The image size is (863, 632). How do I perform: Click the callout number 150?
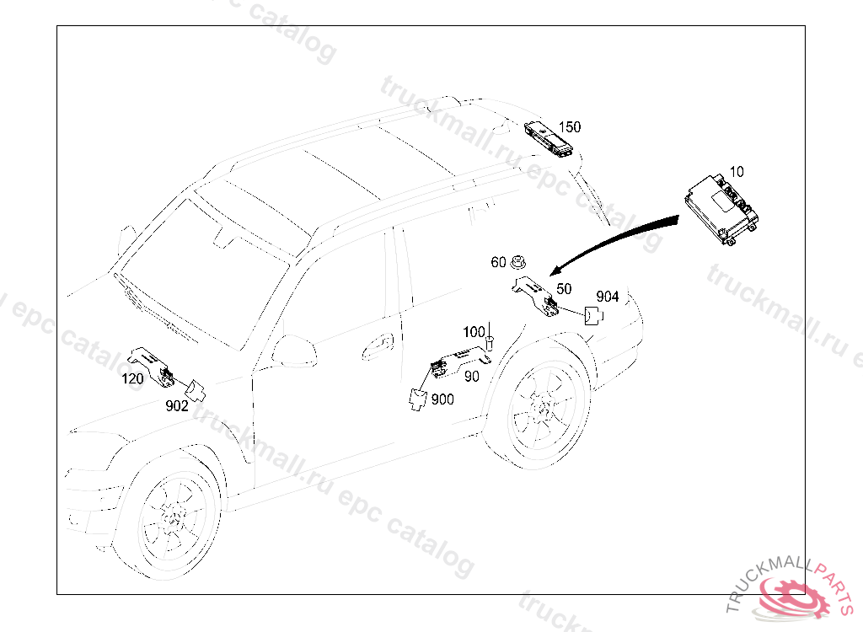tap(570, 127)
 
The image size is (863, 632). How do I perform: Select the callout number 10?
tap(737, 172)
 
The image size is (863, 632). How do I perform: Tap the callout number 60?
tap(498, 262)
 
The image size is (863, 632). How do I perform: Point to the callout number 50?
tap(564, 289)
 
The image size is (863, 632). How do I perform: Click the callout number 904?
tap(608, 297)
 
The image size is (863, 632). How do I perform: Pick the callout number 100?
tap(474, 332)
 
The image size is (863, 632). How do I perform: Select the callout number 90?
tap(472, 377)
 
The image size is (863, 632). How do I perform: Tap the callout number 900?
tap(442, 399)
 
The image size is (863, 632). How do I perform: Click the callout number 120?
tap(132, 378)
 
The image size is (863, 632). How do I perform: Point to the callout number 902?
tap(177, 406)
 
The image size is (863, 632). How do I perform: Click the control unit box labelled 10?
tap(722, 209)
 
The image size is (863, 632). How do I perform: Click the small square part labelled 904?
tap(592, 316)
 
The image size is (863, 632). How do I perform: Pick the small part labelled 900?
tap(418, 399)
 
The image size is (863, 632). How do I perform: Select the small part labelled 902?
tap(196, 390)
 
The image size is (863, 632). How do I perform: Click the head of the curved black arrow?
tap(555, 270)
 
